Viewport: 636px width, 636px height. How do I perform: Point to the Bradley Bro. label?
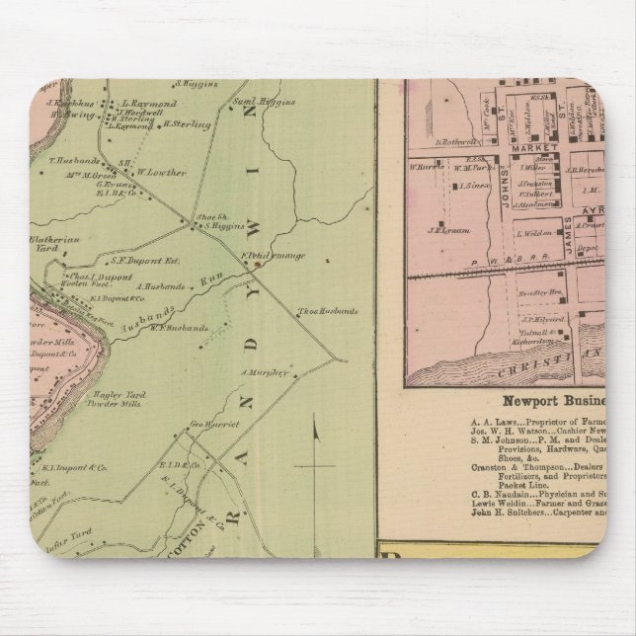(541, 293)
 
